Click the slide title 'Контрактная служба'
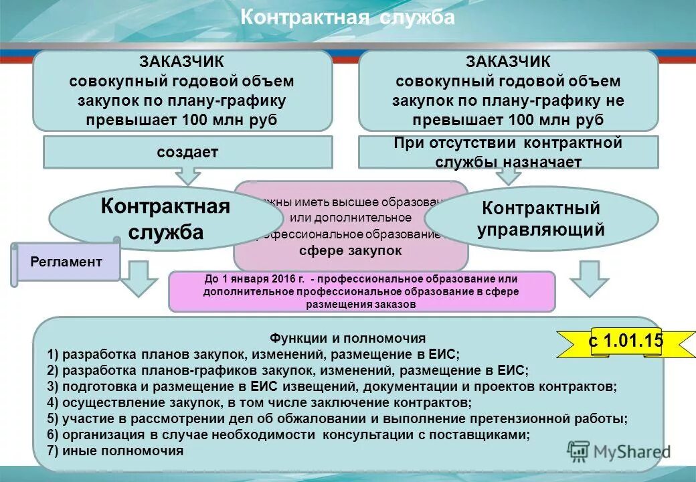pos(347,17)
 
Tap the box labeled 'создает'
pos(187,152)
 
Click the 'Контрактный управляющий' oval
pos(541,219)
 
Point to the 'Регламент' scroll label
pos(66,262)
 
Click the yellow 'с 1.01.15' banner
pos(625,341)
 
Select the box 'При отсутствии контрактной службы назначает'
pos(508,152)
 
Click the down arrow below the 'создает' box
pos(188,175)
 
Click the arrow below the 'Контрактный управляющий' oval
pos(590,278)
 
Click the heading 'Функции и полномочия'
pos(347,339)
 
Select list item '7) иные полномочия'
pos(115,451)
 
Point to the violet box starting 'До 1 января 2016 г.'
pos(361,291)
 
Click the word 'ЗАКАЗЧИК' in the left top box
pos(181,62)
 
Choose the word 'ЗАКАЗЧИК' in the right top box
pos(508,62)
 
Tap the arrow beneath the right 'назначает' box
pos(509,175)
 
